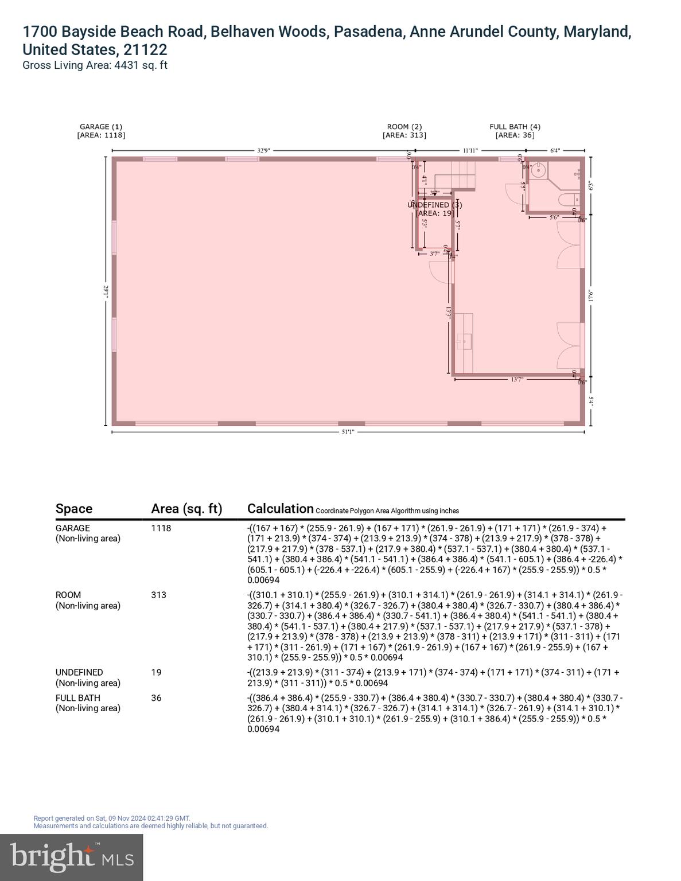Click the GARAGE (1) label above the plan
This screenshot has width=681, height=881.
pyautogui.click(x=101, y=127)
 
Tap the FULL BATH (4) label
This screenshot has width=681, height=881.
pyautogui.click(x=515, y=127)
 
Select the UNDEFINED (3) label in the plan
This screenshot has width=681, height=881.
pyautogui.click(x=434, y=205)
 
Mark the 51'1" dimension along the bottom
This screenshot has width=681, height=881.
pyautogui.click(x=348, y=432)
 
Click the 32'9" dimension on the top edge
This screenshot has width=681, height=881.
pyautogui.click(x=263, y=150)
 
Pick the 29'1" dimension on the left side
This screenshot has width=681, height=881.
pyautogui.click(x=106, y=291)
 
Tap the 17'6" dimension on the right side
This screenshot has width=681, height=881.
pyautogui.click(x=590, y=297)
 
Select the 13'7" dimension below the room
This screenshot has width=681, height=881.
pyautogui.click(x=516, y=379)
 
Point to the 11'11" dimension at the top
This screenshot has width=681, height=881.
pyautogui.click(x=471, y=150)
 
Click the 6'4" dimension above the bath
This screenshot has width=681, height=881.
pyautogui.click(x=555, y=150)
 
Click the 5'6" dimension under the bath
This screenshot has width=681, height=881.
pyautogui.click(x=554, y=217)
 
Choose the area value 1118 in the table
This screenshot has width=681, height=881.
pyautogui.click(x=161, y=528)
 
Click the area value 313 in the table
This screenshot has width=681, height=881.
pyautogui.click(x=158, y=595)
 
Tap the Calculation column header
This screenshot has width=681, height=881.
pyautogui.click(x=280, y=509)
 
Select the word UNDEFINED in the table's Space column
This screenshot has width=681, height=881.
pyautogui.click(x=79, y=672)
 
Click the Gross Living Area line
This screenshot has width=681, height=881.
pyautogui.click(x=95, y=65)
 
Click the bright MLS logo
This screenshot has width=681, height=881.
pyautogui.click(x=72, y=857)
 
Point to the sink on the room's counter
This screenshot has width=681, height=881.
pyautogui.click(x=465, y=341)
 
